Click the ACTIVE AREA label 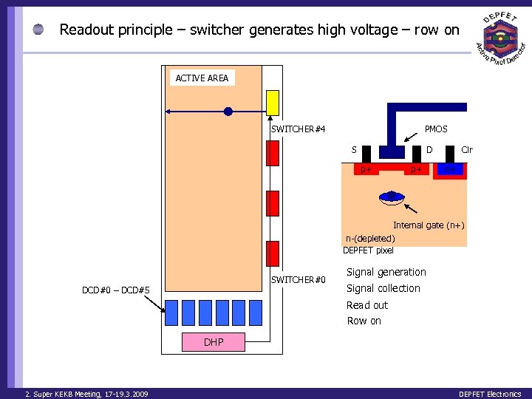click(x=202, y=78)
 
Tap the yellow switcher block click(x=273, y=102)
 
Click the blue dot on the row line click(x=228, y=112)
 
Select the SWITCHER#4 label click(x=298, y=129)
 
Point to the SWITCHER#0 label click(x=298, y=279)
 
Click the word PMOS click(x=436, y=129)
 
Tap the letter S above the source click(x=354, y=150)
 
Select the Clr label click(x=466, y=150)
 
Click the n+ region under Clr click(x=449, y=170)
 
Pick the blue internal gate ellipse click(x=391, y=197)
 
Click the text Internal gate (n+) click(x=429, y=225)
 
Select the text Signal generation click(x=386, y=272)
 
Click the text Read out click(x=367, y=305)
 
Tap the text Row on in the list click(x=364, y=321)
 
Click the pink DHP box click(x=214, y=342)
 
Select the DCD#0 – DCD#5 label click(x=115, y=290)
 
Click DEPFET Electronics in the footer click(x=490, y=394)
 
